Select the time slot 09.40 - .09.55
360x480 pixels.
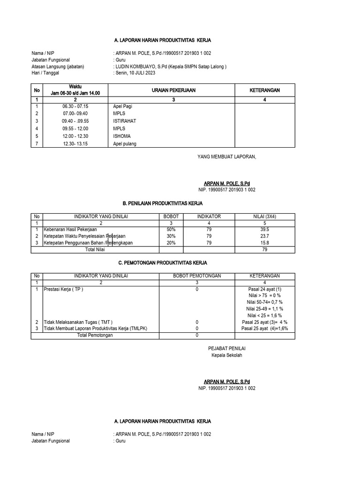click(75, 121)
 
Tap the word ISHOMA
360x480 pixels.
click(122, 136)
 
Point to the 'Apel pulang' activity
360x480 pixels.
click(125, 143)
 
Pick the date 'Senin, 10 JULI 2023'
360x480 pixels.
click(135, 73)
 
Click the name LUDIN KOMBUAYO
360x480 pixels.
click(138, 67)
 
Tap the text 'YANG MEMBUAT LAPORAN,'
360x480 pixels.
click(227, 157)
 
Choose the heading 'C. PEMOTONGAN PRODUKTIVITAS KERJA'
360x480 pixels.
click(162, 263)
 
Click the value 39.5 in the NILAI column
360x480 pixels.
click(264, 230)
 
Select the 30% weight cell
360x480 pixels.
click(171, 236)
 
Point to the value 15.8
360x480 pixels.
click(264, 243)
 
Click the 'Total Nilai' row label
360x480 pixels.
click(95, 249)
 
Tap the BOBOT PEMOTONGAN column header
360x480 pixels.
click(197, 276)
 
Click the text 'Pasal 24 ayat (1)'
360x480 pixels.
click(265, 289)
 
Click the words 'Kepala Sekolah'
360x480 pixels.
click(227, 355)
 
